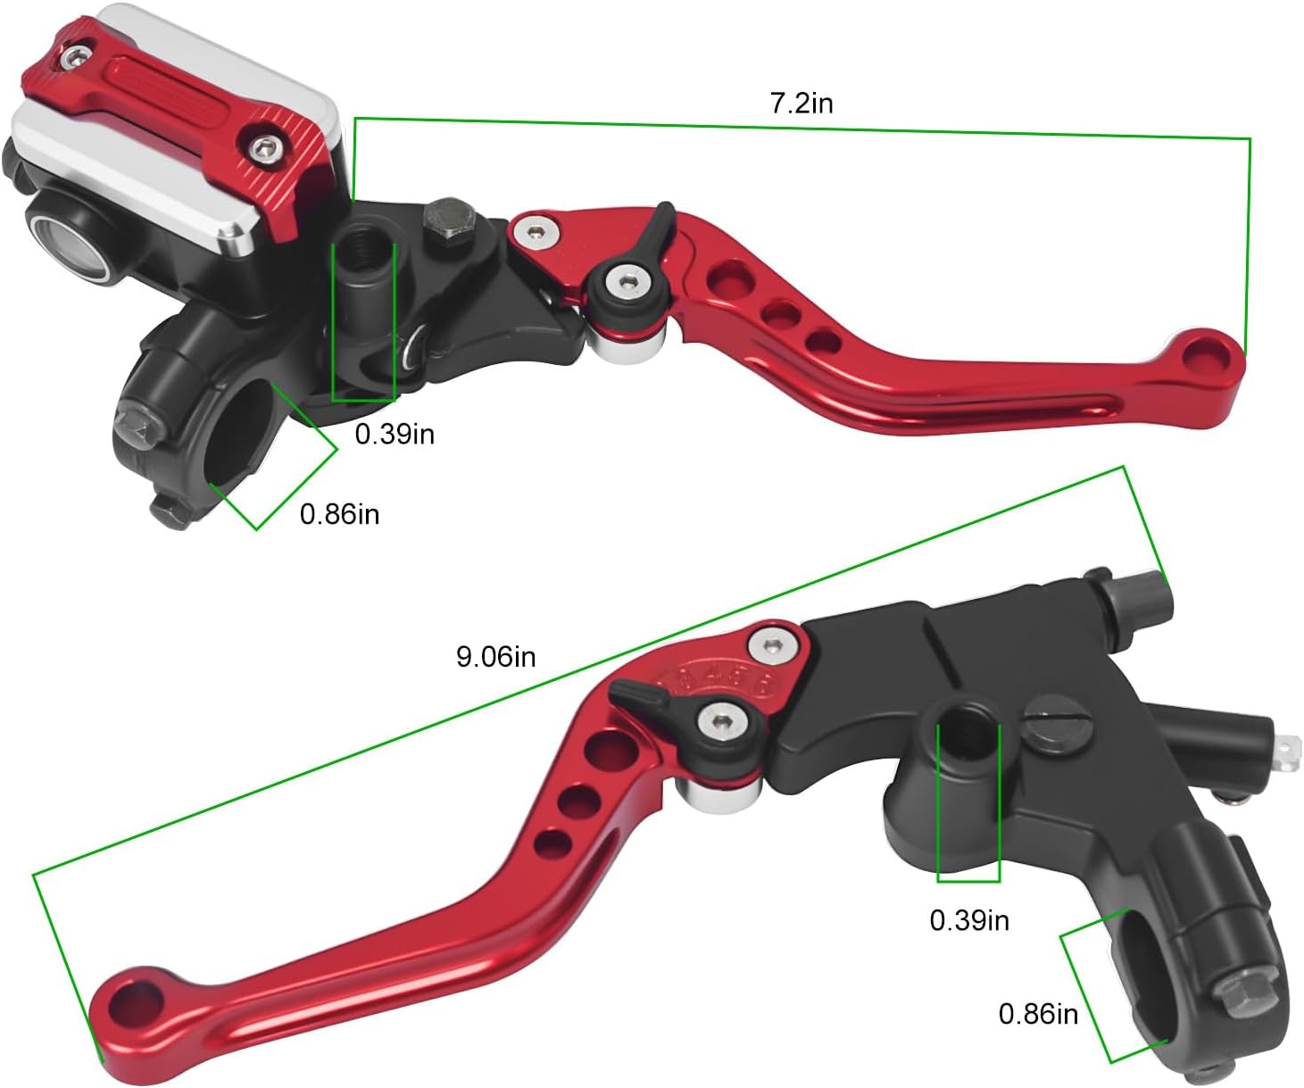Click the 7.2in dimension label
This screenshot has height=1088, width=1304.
click(801, 104)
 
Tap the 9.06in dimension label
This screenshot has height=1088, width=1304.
click(495, 657)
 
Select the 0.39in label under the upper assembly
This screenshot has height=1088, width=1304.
click(395, 434)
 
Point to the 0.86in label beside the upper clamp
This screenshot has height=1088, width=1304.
click(339, 514)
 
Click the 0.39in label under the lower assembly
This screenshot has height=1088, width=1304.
click(969, 920)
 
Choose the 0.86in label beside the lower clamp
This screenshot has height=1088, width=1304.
click(1038, 1014)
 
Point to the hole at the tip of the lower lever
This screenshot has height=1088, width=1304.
click(127, 1001)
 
